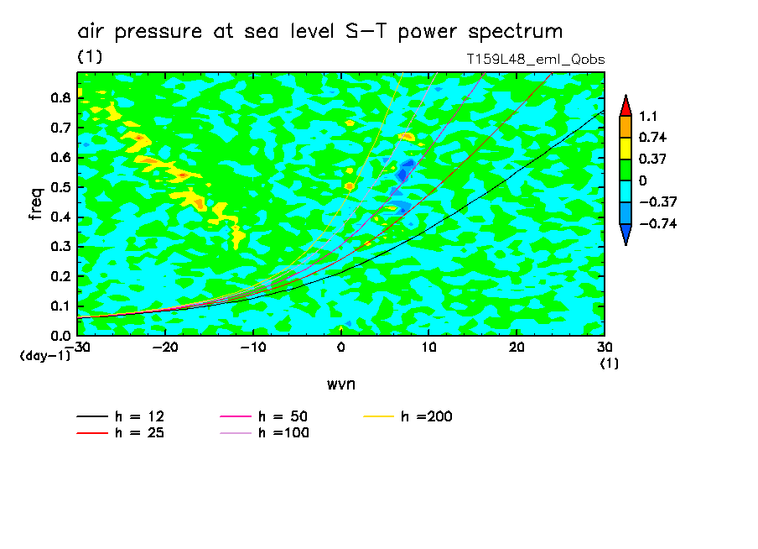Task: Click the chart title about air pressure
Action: pyautogui.click(x=319, y=32)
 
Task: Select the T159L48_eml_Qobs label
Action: pyautogui.click(x=536, y=60)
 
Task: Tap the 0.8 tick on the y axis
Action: pyautogui.click(x=60, y=97)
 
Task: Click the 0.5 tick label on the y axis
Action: pyautogui.click(x=60, y=187)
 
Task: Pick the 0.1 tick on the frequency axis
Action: pyautogui.click(x=60, y=306)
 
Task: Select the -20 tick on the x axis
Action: pyautogui.click(x=164, y=348)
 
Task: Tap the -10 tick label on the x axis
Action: pyautogui.click(x=252, y=348)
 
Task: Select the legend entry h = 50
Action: pyautogui.click(x=283, y=416)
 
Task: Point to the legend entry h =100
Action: pyautogui.click(x=283, y=433)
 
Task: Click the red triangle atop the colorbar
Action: pyautogui.click(x=625, y=105)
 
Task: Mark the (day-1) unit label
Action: pyautogui.click(x=44, y=356)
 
